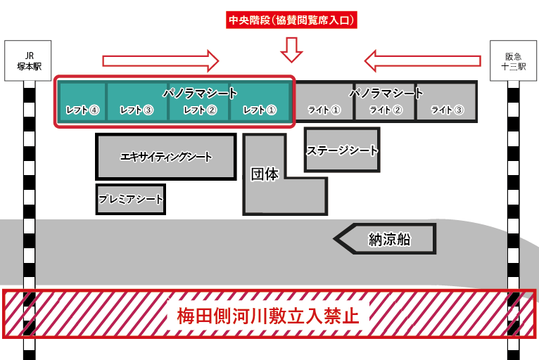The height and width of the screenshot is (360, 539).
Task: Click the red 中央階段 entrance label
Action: click(291, 20)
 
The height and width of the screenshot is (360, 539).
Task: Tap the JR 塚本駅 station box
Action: click(28, 60)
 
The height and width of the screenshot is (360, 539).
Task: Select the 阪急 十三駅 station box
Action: click(513, 60)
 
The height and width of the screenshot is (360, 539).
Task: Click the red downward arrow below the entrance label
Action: click(291, 50)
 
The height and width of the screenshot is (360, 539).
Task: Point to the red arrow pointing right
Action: click(160, 60)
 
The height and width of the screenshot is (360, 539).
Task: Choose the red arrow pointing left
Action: click(422, 60)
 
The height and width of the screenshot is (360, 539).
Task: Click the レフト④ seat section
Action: click(82, 101)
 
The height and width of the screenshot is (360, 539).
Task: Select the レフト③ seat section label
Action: click(137, 110)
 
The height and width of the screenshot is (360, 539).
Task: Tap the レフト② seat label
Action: click(200, 110)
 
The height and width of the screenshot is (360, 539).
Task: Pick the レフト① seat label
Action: click(260, 110)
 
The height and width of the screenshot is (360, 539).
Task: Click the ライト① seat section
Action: click(324, 102)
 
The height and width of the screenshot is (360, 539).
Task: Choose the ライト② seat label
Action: click(386, 110)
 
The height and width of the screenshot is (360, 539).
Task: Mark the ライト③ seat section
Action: click(447, 102)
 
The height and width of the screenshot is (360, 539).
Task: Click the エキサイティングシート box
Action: click(166, 157)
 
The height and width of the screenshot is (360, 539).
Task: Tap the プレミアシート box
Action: click(131, 199)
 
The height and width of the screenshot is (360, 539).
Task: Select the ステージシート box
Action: click(342, 150)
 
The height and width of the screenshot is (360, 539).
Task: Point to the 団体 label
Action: click(265, 174)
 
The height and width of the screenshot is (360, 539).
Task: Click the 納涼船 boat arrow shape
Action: click(385, 239)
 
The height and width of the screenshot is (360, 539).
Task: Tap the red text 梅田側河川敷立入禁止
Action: click(268, 316)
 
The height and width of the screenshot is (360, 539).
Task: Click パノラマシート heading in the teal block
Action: click(200, 93)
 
